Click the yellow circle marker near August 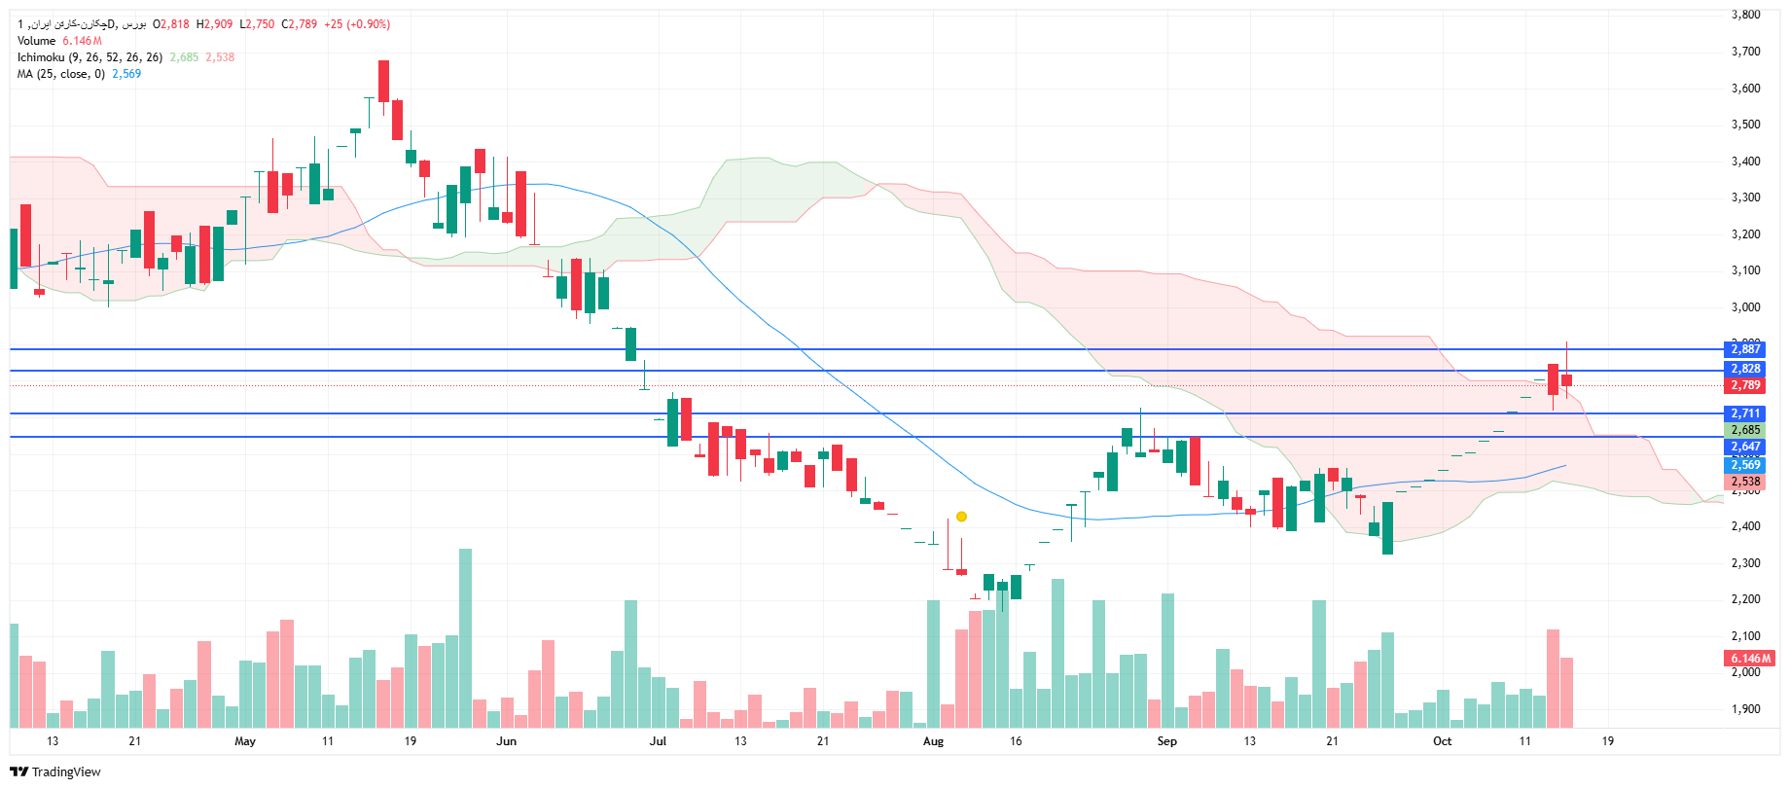[961, 517]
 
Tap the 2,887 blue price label [1745, 349]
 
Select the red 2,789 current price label [1745, 385]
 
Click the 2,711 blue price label [1745, 413]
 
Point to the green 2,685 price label [1745, 430]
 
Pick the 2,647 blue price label [1745, 447]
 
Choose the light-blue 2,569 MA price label [1745, 465]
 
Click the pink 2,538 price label [1745, 482]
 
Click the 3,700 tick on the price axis [1745, 52]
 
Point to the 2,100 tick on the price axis [1745, 636]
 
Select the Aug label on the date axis [933, 741]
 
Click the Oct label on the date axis [1442, 741]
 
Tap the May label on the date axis [245, 741]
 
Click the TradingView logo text [65, 772]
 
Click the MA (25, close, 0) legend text [60, 74]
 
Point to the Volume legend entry [37, 41]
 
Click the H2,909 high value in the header [215, 24]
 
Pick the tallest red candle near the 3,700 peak [384, 81]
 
